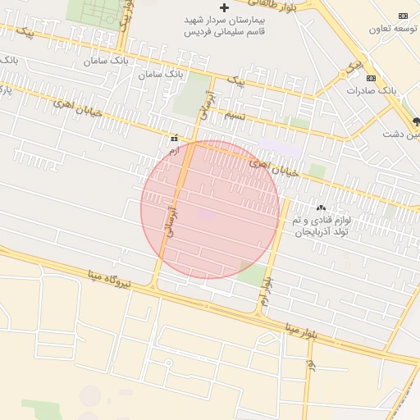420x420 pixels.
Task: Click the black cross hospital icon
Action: pos(224,7)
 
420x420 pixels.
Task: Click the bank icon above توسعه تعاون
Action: pos(403,16)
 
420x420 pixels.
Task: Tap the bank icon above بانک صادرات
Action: pos(372,78)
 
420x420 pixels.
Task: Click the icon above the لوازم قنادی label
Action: pos(321,208)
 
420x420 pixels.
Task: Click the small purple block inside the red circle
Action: pos(207,215)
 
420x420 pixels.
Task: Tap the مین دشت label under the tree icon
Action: pos(406,135)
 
